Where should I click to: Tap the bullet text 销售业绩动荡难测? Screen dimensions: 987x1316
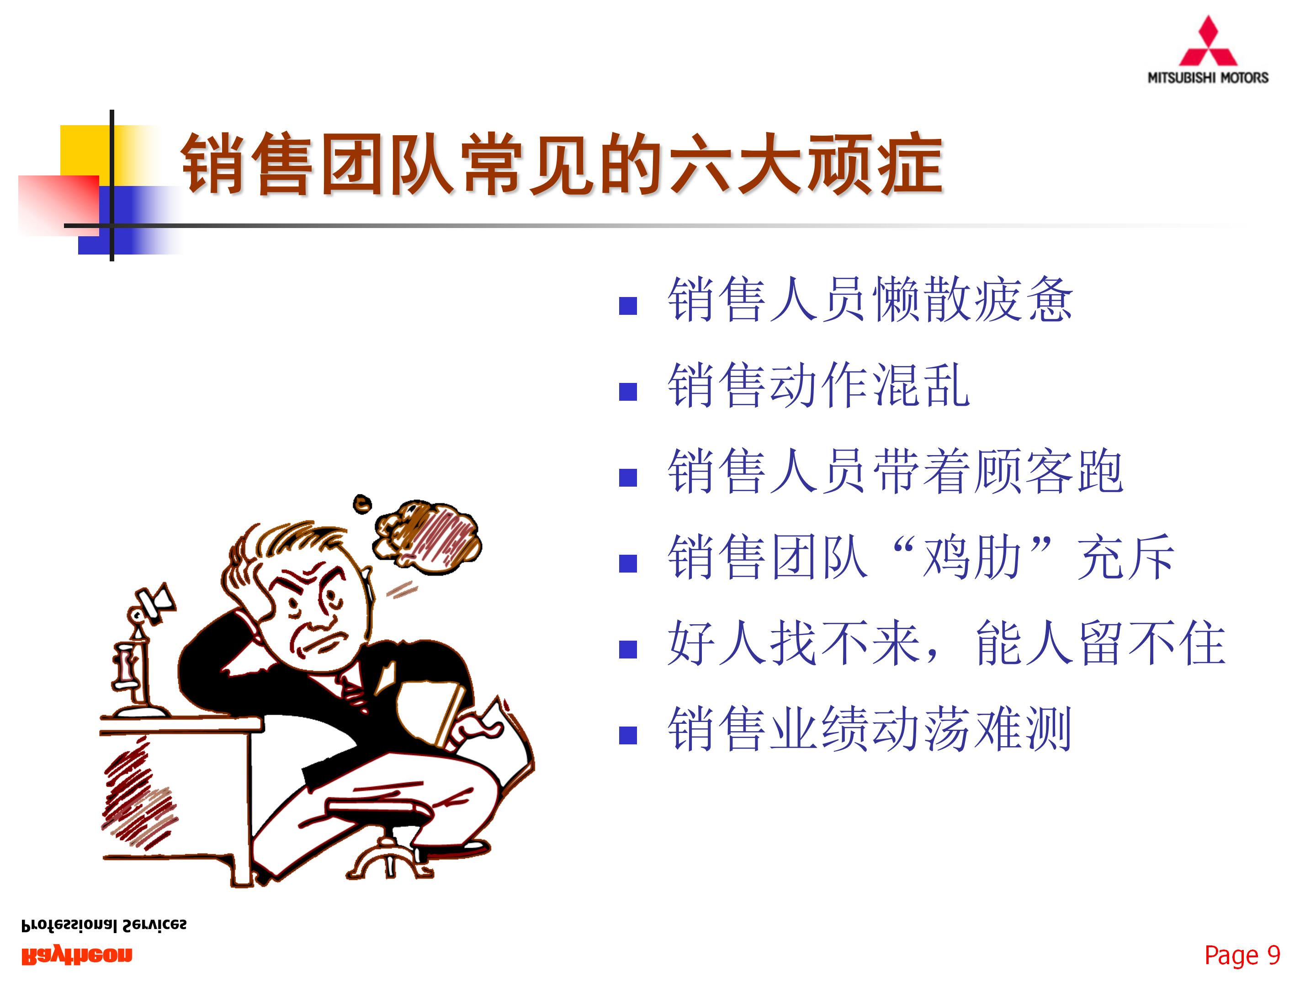870,729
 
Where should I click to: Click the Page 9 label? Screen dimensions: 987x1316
1242,955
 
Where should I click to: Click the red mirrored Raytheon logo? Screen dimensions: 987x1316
77,955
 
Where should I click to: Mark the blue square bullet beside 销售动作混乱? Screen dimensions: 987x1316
628,392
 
